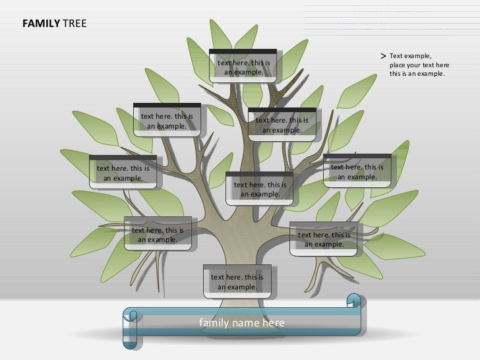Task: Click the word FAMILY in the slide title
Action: (41, 25)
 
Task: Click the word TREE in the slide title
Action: (74, 25)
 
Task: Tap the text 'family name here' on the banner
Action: (242, 322)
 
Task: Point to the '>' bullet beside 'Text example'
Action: (383, 57)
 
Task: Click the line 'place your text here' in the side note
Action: (419, 65)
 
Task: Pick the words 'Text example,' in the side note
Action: (410, 57)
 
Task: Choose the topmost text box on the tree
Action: (243, 67)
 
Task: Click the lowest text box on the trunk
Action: (237, 282)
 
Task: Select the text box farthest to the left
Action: (123, 173)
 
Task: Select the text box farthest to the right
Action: (357, 171)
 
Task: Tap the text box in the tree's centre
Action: (260, 189)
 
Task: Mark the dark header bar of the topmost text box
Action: (243, 51)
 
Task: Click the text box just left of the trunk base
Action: (158, 235)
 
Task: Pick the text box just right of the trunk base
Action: (324, 239)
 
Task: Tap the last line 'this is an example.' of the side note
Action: (417, 74)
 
